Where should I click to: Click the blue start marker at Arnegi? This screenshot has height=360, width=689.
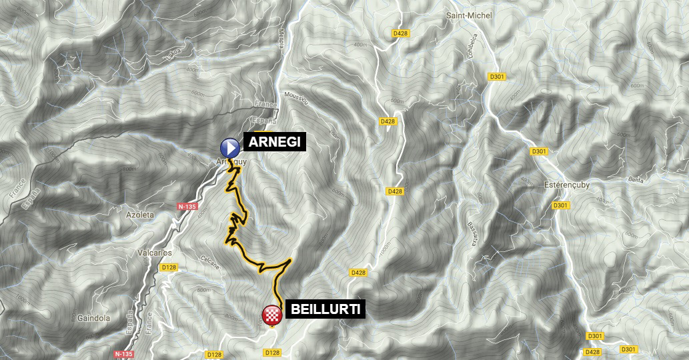pos(230,147)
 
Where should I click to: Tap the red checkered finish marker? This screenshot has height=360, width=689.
pos(271,315)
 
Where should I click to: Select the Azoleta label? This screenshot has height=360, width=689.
pos(140,215)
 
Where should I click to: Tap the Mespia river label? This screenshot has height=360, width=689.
pos(282,41)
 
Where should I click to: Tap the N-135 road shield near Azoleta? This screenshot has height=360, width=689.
pos(187,207)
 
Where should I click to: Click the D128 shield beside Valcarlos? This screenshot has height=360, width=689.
pos(169,268)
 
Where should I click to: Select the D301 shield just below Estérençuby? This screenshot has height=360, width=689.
pos(560,205)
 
